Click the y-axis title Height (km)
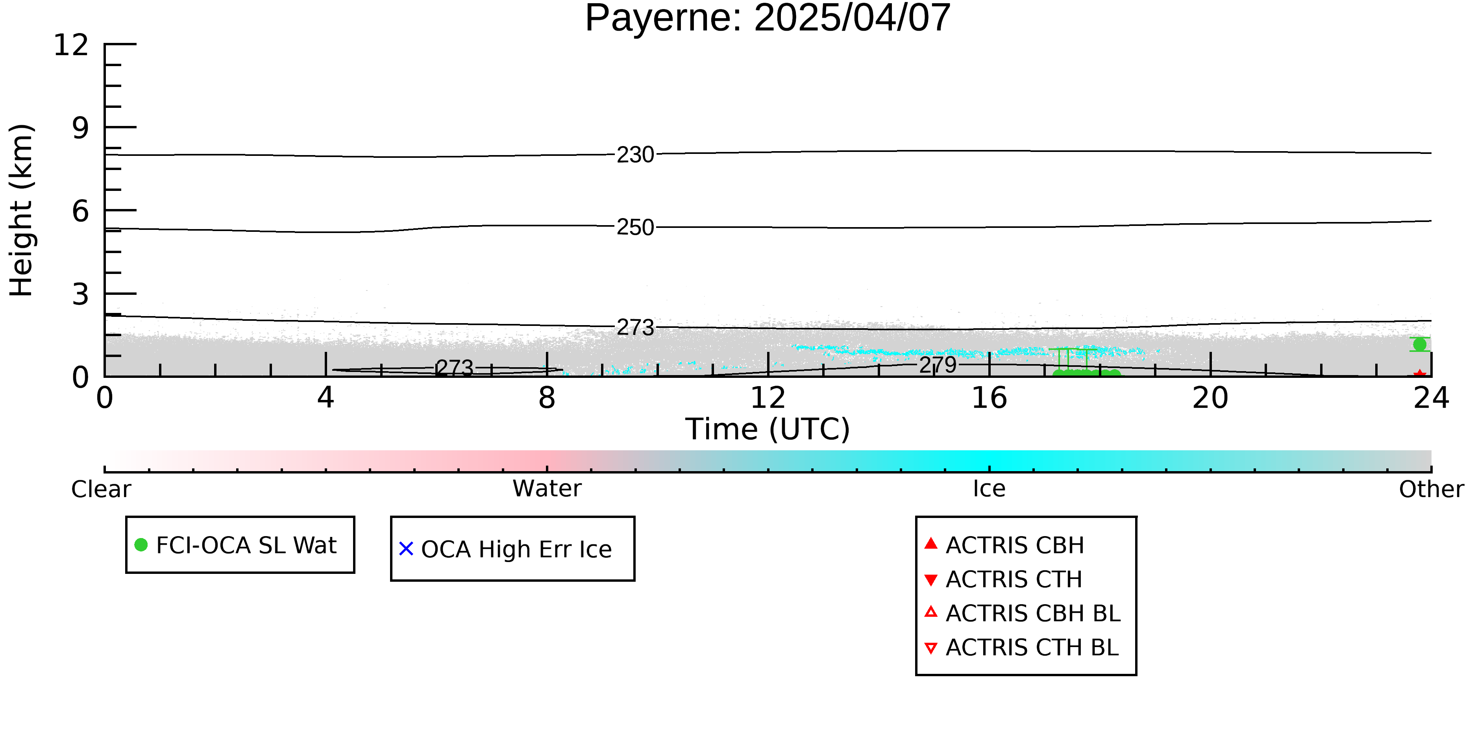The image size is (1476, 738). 21,210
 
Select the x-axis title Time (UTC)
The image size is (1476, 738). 768,429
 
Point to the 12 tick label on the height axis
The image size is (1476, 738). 71,45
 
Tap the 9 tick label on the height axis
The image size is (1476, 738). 81,128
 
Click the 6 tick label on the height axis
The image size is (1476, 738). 81,211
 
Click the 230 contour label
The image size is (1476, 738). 635,155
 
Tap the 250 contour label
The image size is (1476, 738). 635,228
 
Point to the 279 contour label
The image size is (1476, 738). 938,365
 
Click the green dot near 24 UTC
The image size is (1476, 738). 1420,344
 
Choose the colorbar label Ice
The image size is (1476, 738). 989,489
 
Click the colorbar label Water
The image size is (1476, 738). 547,489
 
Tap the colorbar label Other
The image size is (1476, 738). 1431,489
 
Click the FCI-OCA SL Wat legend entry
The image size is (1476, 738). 235,545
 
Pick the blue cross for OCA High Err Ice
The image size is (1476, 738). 406,549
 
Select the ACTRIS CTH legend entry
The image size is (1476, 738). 1003,579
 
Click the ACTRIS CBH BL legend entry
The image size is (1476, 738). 1022,613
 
